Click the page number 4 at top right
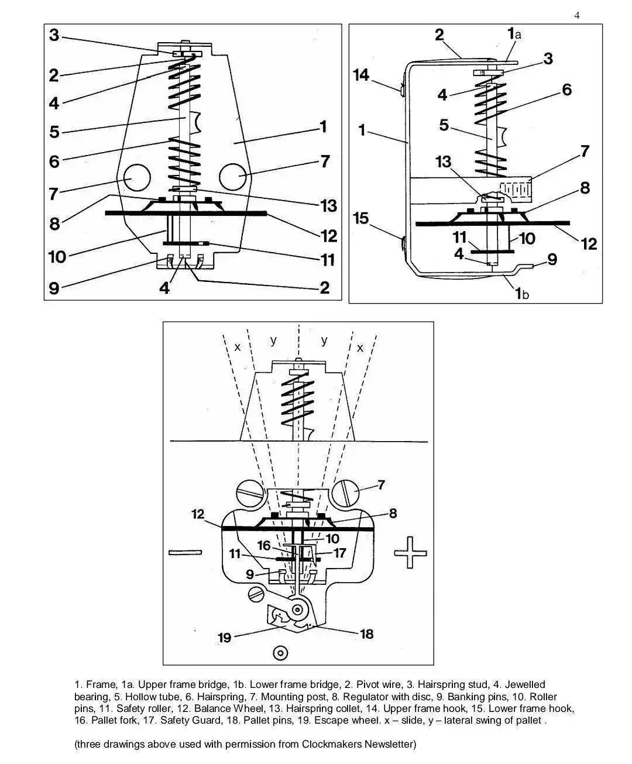[x=577, y=15]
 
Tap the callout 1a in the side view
[x=514, y=34]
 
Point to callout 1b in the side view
[x=522, y=293]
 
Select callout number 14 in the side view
[x=361, y=75]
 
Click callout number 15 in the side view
[x=361, y=218]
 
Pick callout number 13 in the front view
[x=329, y=206]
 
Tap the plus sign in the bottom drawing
[x=410, y=552]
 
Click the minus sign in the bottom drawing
[x=185, y=552]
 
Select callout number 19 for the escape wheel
[x=225, y=638]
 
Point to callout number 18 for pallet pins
[x=367, y=634]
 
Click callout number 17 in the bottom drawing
[x=339, y=553]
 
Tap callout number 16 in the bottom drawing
[x=263, y=546]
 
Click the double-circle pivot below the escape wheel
[x=281, y=653]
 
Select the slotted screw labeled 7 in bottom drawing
[x=345, y=494]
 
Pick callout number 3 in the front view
[x=54, y=35]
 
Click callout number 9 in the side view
[x=552, y=259]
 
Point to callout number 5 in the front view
[x=54, y=132]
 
